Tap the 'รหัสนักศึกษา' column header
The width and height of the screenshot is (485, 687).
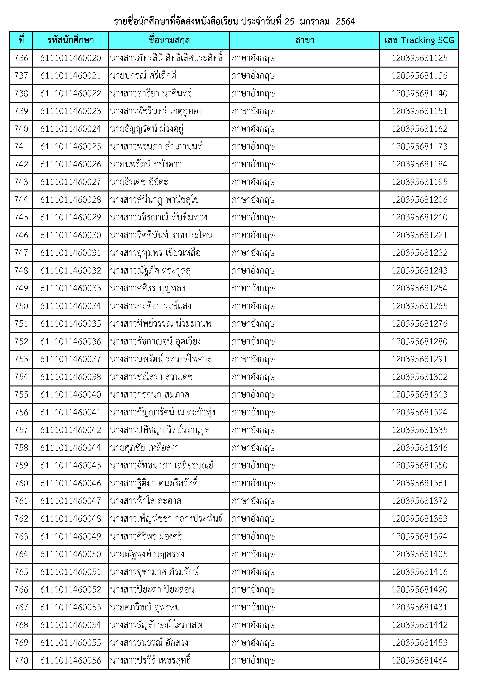pyautogui.click(x=71, y=40)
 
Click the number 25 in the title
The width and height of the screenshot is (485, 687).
pyautogui.click(x=289, y=22)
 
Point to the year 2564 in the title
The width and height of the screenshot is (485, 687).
pyautogui.click(x=345, y=22)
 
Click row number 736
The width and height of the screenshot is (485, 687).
pyautogui.click(x=21, y=58)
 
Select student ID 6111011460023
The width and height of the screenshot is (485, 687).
pyautogui.click(x=71, y=111)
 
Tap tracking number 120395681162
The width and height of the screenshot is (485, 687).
pyautogui.click(x=419, y=129)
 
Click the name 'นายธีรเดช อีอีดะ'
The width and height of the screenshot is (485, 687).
pyautogui.click(x=139, y=182)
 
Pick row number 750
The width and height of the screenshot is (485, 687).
pyautogui.click(x=21, y=306)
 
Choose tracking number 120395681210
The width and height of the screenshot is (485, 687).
pyautogui.click(x=419, y=218)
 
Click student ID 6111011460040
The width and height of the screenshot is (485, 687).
pyautogui.click(x=71, y=395)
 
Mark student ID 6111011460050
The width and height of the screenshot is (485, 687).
pyautogui.click(x=71, y=554)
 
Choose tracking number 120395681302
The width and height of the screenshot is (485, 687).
pyautogui.click(x=419, y=377)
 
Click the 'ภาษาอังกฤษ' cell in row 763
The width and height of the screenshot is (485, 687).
pyautogui.click(x=253, y=536)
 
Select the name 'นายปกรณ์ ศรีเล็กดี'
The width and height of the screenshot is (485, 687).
pyautogui.click(x=143, y=76)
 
